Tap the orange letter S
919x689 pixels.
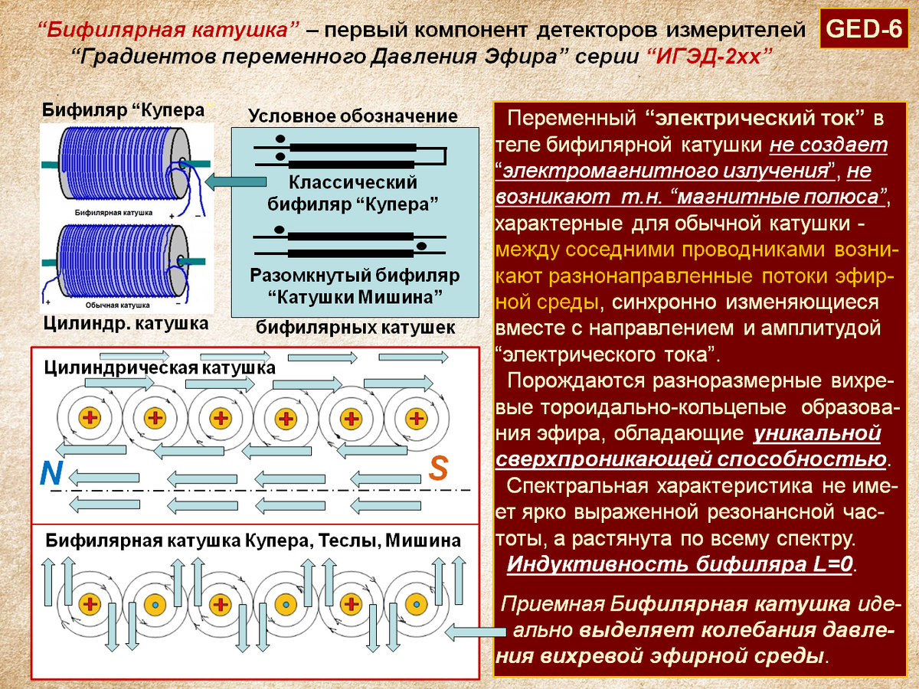coord(438,468)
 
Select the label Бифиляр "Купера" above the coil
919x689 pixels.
coord(123,109)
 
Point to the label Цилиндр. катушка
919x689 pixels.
coord(126,323)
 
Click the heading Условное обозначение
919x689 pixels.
coord(352,116)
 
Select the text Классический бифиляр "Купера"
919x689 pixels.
coord(352,194)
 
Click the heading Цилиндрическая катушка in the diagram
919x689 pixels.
coord(159,368)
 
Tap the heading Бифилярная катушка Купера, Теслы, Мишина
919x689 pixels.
coord(253,540)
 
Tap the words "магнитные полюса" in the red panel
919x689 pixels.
coord(777,196)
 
